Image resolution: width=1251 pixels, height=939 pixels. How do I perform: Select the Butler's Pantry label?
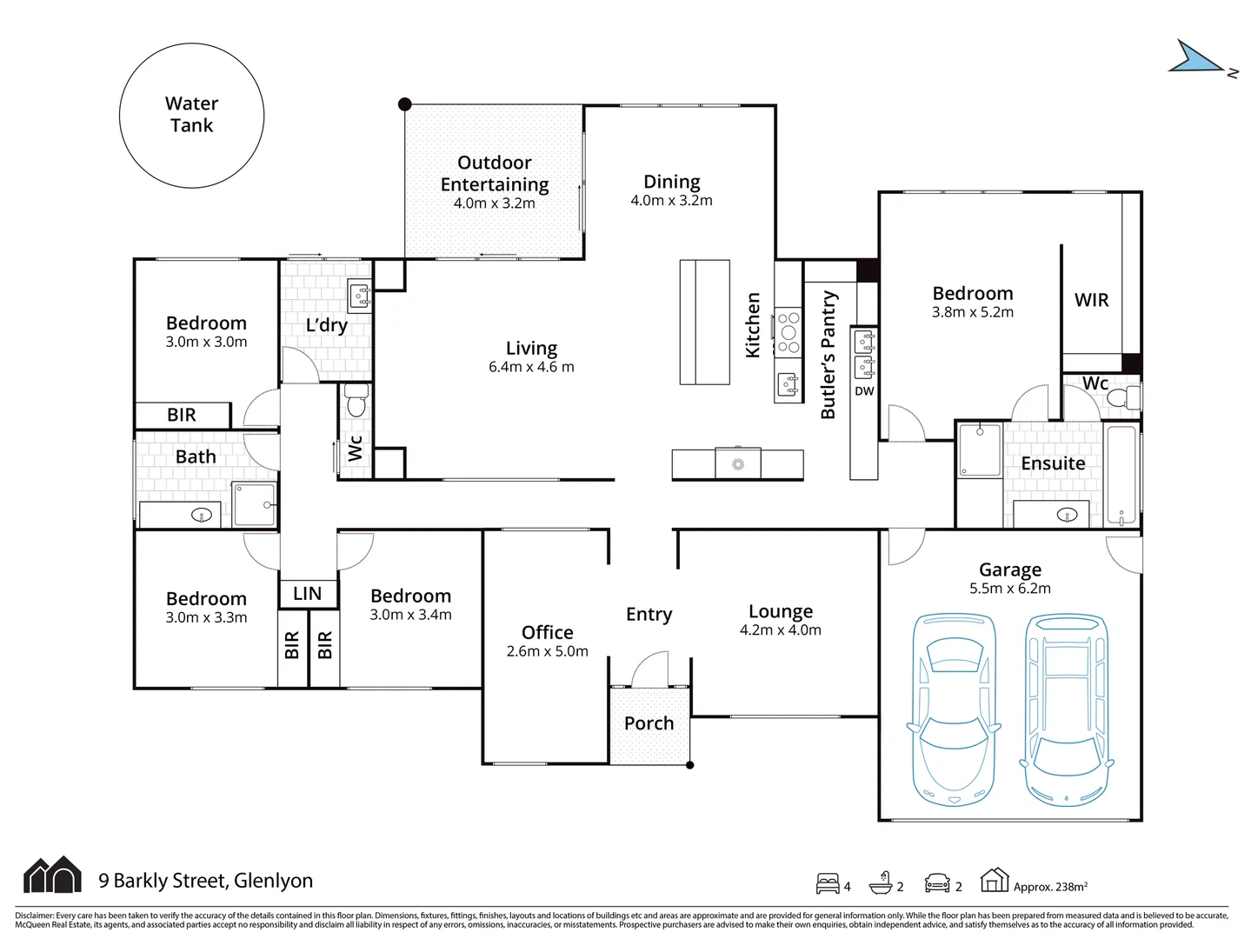[x=828, y=355]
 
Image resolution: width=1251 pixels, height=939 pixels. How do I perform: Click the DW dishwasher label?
[x=864, y=391]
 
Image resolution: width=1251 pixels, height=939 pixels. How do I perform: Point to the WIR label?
[x=1091, y=300]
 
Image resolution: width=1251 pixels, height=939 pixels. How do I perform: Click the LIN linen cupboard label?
[x=307, y=594]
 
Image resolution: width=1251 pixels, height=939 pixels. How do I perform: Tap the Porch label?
[x=649, y=723]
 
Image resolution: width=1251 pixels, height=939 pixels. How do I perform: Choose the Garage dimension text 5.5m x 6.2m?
[x=1010, y=589]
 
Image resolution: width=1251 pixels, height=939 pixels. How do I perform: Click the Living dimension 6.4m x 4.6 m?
[x=531, y=367]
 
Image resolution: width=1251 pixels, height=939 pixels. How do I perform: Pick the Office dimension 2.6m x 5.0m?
[x=547, y=651]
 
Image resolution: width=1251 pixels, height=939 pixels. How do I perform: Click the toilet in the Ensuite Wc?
[x=1124, y=397]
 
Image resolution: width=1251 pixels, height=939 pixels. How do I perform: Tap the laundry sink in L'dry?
[x=360, y=296]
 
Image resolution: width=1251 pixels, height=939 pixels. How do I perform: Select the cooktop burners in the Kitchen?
[x=789, y=332]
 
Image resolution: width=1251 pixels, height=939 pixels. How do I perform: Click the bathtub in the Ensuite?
[x=1121, y=474]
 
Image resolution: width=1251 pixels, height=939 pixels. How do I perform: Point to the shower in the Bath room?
[x=255, y=505]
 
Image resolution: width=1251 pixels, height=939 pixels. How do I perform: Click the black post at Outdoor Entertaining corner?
[x=404, y=104]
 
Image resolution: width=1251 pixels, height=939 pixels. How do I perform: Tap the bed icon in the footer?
[x=828, y=883]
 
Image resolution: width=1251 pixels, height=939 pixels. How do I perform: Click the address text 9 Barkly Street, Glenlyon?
[x=205, y=880]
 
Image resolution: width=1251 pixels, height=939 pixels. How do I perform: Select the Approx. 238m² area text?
[x=1050, y=887]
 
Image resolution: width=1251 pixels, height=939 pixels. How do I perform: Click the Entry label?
[x=649, y=614]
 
